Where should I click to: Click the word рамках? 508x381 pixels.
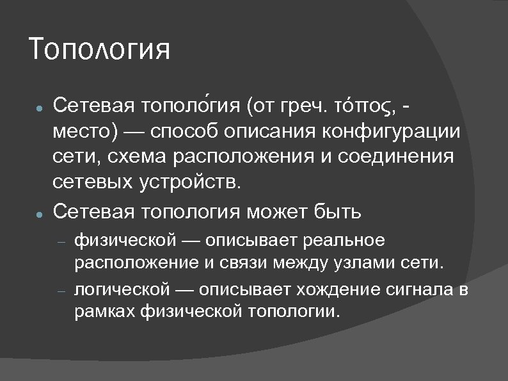(x=102, y=312)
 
